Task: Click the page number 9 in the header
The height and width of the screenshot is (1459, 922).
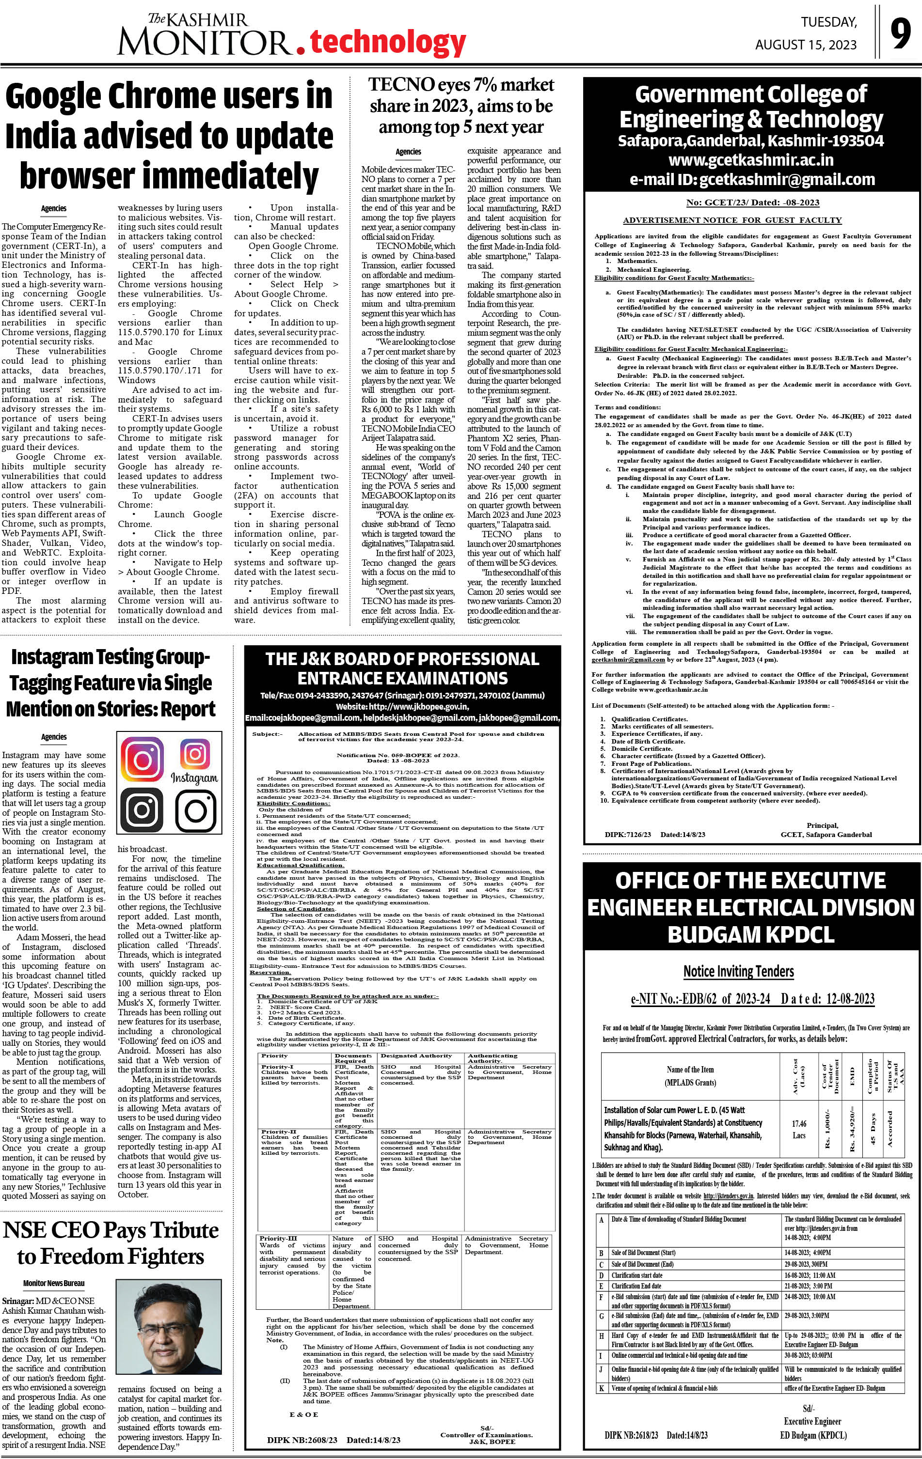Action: (900, 34)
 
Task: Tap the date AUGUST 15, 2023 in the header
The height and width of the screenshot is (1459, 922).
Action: (806, 45)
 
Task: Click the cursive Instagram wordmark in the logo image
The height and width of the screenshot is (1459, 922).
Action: (194, 777)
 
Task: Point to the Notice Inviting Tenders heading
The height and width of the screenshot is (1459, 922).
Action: (738, 972)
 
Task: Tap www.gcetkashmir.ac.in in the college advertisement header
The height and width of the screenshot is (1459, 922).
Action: (751, 160)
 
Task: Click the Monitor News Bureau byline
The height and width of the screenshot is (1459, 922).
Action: (54, 1283)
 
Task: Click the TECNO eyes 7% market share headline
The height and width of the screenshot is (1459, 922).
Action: (461, 106)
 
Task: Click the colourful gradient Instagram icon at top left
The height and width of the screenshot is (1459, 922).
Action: (142, 759)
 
